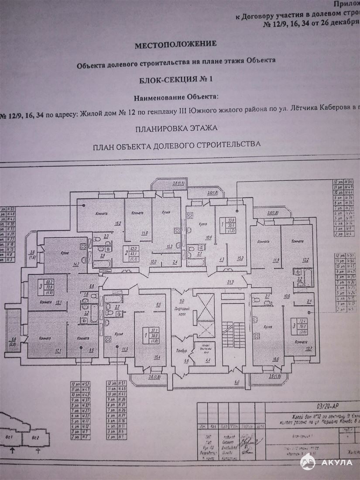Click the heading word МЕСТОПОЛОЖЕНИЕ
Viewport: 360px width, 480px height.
tap(175, 45)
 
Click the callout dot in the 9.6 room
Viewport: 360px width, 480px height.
tap(81, 348)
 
